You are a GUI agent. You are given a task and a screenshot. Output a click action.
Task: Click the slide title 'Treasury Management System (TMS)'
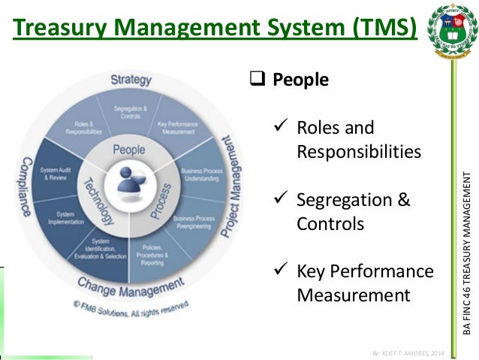click(214, 29)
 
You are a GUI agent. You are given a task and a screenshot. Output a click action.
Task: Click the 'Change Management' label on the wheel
click(132, 287)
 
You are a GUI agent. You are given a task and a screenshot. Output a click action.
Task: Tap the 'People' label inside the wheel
click(128, 150)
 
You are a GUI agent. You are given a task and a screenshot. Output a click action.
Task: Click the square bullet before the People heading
click(255, 79)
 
